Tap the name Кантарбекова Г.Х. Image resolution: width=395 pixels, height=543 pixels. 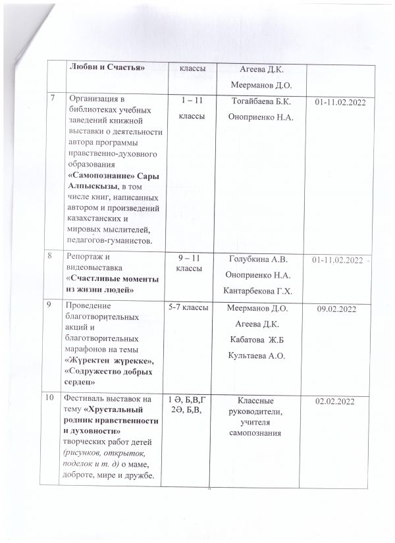click(x=262, y=291)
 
